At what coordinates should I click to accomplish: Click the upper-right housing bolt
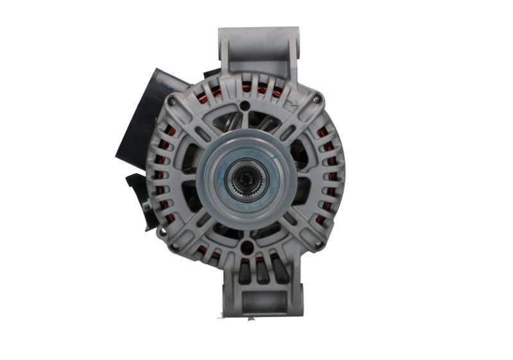pyautogui.click(x=316, y=99)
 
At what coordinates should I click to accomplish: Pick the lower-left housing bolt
pyautogui.click(x=174, y=245)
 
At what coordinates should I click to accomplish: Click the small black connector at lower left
pyautogui.click(x=138, y=193)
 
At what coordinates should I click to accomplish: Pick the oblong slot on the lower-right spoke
pyautogui.click(x=290, y=218)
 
